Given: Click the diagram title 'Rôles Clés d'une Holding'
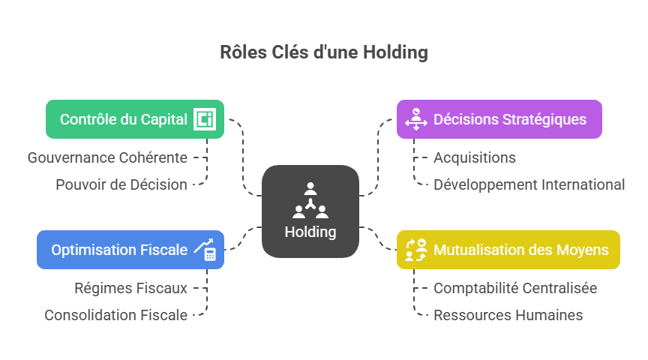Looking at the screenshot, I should [324, 52].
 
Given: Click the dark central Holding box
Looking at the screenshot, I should [310, 211].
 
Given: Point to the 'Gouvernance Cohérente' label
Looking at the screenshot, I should [107, 157].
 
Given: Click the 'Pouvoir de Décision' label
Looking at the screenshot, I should [121, 184].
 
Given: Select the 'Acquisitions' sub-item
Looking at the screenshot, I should [475, 157].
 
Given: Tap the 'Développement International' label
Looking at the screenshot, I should [529, 184].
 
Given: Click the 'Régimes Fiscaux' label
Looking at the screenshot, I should [130, 288].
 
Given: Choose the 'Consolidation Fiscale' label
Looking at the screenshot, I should [115, 315].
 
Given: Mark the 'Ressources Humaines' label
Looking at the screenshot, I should [508, 315].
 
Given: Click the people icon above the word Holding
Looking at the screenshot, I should [310, 199].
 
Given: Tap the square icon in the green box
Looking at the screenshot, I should [204, 119].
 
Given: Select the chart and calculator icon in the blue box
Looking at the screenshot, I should [205, 250].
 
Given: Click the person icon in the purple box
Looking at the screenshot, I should [415, 119].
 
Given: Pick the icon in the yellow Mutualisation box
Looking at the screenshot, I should [415, 250].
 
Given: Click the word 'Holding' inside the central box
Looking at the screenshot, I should [310, 232].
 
